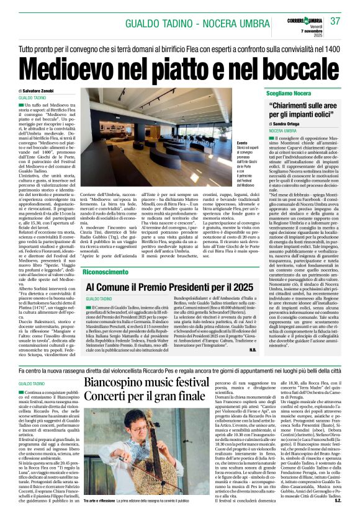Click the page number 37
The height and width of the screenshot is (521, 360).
click(336, 20)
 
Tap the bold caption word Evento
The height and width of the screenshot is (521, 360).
click(233, 143)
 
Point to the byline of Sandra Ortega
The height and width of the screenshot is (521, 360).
click(289, 124)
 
